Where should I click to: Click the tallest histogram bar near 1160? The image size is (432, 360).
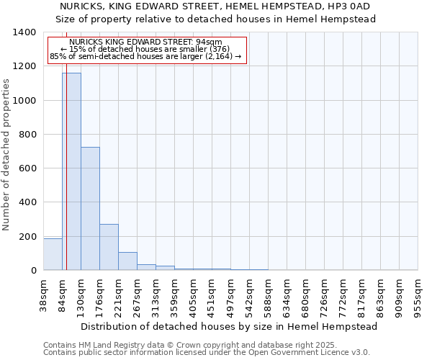point(71,171)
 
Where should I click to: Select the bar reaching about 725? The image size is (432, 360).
point(90,209)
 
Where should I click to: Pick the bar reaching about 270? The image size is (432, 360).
point(109,247)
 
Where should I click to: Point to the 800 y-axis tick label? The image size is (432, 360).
point(27,135)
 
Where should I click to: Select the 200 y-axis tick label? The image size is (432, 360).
point(27,237)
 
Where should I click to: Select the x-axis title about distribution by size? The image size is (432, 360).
point(230,326)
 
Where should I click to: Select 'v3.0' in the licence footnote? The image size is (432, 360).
point(360,353)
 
